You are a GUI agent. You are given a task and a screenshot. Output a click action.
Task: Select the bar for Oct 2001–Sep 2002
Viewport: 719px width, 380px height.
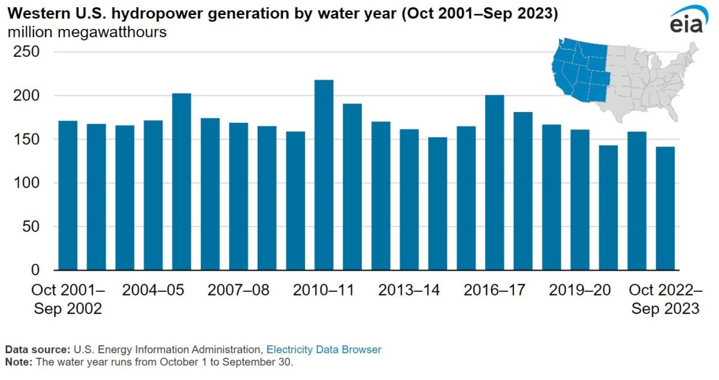tap(68, 195)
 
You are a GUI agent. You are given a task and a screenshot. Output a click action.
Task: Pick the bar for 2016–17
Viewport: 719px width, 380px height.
tap(494, 182)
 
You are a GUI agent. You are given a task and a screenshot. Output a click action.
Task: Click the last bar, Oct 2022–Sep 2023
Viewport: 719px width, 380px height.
tap(665, 208)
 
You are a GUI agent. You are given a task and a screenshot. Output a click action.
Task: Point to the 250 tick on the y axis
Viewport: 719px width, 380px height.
tap(27, 52)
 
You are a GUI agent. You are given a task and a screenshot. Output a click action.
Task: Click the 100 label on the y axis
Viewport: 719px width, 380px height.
tap(27, 183)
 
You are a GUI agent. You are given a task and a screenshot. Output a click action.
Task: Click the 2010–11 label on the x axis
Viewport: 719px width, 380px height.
tap(324, 291)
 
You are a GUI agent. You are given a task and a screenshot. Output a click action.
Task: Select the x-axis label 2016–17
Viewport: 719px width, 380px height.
tap(494, 291)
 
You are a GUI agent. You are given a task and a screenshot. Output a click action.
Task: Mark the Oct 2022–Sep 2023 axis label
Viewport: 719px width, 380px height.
tap(665, 299)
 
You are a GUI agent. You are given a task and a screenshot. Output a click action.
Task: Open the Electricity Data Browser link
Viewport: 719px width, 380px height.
tap(324, 349)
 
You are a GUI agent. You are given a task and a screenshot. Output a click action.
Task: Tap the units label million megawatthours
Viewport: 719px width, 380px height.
tap(87, 32)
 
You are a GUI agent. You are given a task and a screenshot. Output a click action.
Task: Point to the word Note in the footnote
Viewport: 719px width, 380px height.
tap(17, 362)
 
